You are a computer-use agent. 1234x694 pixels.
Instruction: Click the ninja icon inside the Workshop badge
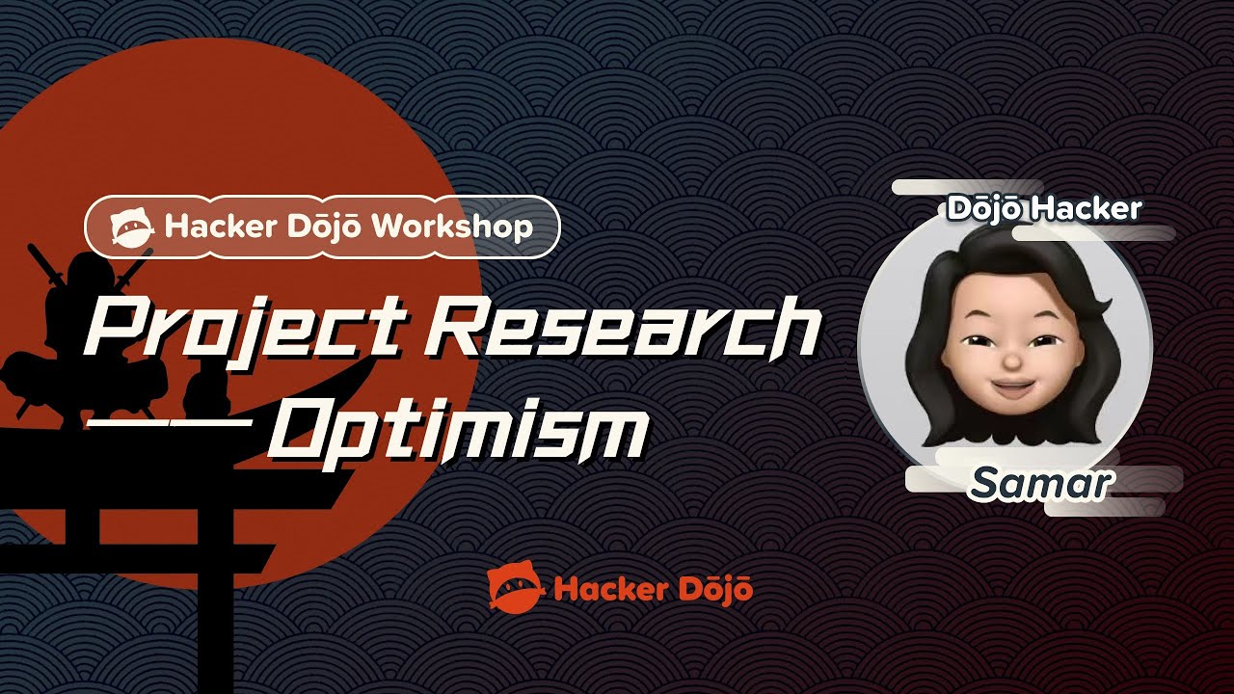pos(132,227)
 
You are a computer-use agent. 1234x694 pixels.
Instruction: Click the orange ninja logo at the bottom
pos(516,588)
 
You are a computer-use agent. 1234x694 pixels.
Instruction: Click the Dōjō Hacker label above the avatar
pos(1044,208)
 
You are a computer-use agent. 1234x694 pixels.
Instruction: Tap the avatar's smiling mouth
pos(1009,390)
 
